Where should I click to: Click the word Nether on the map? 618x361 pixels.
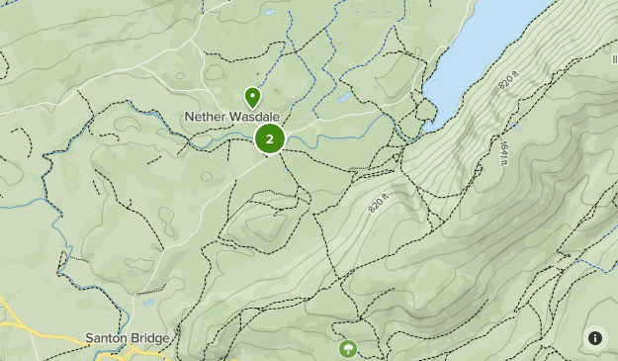point(206,117)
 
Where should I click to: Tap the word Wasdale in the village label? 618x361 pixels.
point(256,117)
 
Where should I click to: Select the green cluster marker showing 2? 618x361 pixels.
point(269,139)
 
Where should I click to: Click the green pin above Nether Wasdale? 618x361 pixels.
point(252,98)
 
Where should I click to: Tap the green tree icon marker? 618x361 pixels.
point(347,348)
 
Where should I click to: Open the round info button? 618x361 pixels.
point(595,338)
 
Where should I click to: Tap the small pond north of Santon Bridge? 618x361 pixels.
point(149,303)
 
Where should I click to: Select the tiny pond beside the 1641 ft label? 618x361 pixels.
point(516,127)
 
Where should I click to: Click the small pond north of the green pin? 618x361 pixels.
point(268,14)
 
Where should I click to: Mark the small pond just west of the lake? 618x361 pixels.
point(342,98)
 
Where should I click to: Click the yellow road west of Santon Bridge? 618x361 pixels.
point(20,321)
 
